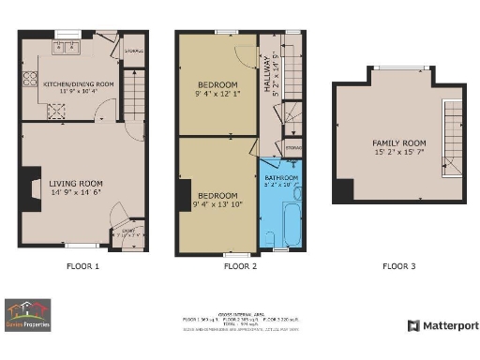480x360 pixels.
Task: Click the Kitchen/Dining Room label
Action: click(x=79, y=83)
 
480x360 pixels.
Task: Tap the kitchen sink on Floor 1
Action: click(x=70, y=46)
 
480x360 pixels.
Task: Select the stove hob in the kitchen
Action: click(x=55, y=109)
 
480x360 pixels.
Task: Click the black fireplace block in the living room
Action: click(x=31, y=185)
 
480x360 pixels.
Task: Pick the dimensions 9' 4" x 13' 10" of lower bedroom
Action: click(x=217, y=203)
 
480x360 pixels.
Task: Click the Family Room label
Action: click(x=398, y=143)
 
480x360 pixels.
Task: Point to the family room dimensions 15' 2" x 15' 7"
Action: click(x=398, y=153)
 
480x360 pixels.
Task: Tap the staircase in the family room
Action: click(x=454, y=136)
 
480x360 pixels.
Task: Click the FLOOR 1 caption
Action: click(x=82, y=266)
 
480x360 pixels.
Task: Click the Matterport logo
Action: click(x=442, y=325)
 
